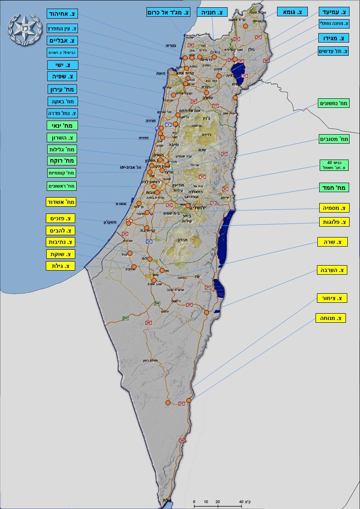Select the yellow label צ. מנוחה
tap(331, 318)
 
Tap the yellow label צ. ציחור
tap(332, 298)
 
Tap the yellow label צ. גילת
tap(60, 266)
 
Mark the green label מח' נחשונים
tap(334, 103)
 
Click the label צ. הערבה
tap(331, 270)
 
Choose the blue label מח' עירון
tap(63, 89)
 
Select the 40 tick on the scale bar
tap(241, 502)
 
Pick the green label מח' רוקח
tap(63, 160)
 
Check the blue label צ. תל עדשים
tap(333, 51)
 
